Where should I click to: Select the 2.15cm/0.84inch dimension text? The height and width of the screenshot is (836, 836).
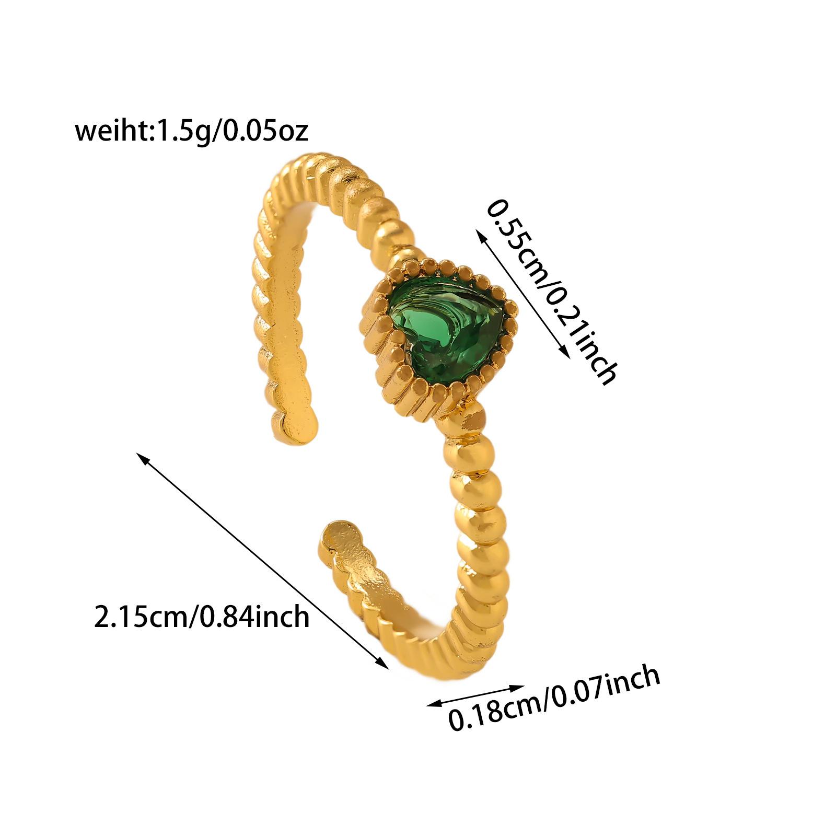click(x=202, y=617)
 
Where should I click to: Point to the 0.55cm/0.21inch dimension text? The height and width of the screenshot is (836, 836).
click(x=551, y=293)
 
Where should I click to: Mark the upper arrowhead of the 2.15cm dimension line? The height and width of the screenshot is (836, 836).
click(x=140, y=456)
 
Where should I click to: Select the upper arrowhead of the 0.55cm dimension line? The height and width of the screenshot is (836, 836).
click(x=478, y=233)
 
